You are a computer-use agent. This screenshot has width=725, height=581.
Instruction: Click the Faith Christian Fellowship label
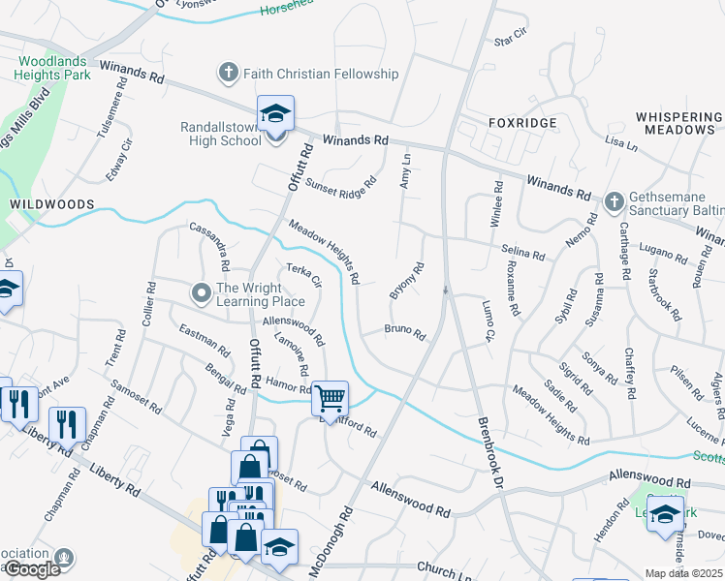coord(320,74)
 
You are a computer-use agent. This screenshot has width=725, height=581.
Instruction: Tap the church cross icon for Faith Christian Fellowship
coord(228,74)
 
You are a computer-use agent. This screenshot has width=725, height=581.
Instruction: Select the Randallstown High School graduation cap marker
coord(275,115)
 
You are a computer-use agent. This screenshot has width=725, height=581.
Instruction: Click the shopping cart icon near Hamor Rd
coord(330,398)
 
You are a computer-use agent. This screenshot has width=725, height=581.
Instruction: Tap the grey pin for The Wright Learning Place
coord(202,291)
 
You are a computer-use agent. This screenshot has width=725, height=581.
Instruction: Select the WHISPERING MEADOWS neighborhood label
coord(680,123)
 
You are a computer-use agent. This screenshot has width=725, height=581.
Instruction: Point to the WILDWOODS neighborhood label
coord(52,204)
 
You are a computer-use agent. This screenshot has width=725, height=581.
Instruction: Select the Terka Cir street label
coord(303,275)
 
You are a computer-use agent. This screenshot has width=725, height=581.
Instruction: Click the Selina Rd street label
coord(523,252)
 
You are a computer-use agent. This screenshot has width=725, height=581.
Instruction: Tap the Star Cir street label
coord(510,37)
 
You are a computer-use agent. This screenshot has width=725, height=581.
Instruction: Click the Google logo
coord(31,569)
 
